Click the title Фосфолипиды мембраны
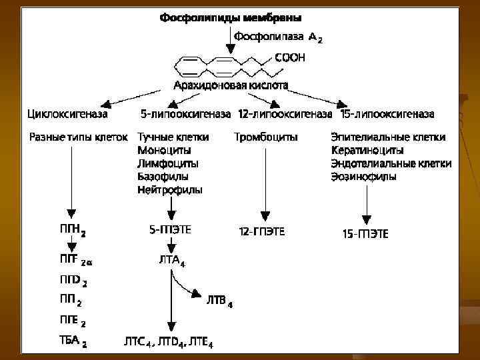tap(230, 17)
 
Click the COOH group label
tap(290, 58)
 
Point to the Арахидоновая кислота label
tap(231, 85)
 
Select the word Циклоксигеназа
tap(67, 114)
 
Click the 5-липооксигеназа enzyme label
tap(186, 114)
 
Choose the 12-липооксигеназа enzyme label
tap(285, 114)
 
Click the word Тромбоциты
tap(266, 137)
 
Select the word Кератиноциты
tap(367, 151)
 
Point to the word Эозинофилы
tap(363, 177)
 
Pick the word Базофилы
tap(163, 177)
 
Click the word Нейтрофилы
tap(170, 190)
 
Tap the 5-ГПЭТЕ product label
tap(170, 230)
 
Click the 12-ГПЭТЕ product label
tap(261, 232)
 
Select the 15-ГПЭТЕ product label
tap(365, 233)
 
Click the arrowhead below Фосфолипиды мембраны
tap(231, 50)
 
